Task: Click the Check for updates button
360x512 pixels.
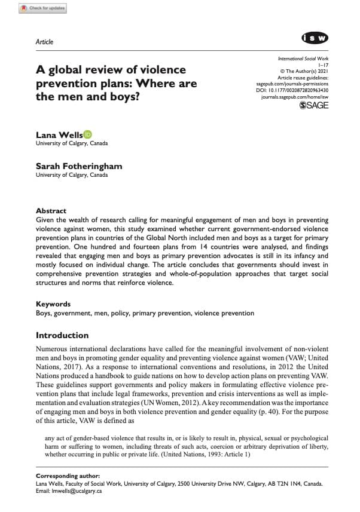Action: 43,8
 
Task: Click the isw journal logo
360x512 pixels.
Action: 315,38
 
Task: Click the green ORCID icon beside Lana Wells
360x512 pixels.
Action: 87,134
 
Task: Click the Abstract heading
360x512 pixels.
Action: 51,211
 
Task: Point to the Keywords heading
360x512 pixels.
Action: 53,303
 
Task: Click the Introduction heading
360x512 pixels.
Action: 62,335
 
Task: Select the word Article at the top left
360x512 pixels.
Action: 45,42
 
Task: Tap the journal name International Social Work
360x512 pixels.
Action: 304,60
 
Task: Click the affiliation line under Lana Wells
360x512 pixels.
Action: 72,144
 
